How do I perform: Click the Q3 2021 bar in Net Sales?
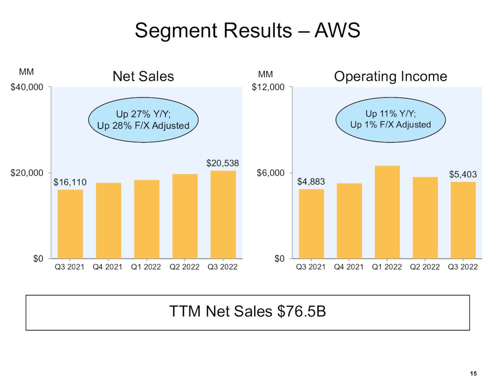coord(70,224)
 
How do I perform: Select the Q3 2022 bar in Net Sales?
coord(223,215)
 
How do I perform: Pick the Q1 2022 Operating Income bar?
coord(387,212)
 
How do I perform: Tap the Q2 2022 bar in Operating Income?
coord(425,218)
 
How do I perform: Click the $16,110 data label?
coord(70,182)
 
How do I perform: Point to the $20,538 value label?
coord(222,163)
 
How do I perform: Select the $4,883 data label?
coord(311,182)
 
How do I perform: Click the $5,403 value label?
coord(463,174)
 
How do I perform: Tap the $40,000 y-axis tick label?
coord(27,87)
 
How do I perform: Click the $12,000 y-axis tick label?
coord(268,87)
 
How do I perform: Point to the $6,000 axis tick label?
coord(271,173)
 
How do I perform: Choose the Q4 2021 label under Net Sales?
coord(108,267)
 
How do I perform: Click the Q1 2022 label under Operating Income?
coord(387,267)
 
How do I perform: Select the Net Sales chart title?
coord(143,76)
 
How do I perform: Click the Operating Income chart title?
coord(391,76)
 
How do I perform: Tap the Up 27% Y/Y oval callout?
coord(143,120)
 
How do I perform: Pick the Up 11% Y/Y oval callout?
coord(391,119)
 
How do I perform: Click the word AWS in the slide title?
coord(337,30)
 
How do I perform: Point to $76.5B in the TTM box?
coord(302,311)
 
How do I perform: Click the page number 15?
coord(473,374)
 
